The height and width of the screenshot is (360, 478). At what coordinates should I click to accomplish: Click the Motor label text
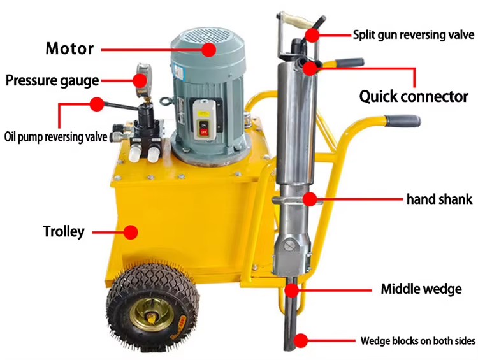(69, 48)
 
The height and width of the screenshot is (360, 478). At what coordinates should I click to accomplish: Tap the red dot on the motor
(208, 50)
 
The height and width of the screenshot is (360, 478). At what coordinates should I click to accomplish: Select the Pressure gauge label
(52, 80)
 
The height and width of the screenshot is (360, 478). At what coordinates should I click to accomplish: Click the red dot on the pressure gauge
(140, 80)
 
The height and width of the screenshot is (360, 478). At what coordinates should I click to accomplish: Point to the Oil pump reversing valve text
(56, 137)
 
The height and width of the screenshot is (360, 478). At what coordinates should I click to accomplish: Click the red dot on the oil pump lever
(97, 104)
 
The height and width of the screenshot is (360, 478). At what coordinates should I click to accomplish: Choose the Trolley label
(63, 231)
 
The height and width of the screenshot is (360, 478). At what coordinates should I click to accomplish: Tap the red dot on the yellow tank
(131, 232)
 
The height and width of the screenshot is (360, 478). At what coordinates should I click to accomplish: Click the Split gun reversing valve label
(414, 35)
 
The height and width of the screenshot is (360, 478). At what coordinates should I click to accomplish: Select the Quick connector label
(414, 96)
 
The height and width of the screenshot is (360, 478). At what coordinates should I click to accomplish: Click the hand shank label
(439, 199)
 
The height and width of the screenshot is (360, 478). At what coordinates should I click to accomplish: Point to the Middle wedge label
(421, 289)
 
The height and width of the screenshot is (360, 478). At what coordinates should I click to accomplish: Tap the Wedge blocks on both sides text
(418, 340)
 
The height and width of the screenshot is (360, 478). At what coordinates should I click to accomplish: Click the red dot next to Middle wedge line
(292, 290)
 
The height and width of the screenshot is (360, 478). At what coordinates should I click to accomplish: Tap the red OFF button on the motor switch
(204, 131)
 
